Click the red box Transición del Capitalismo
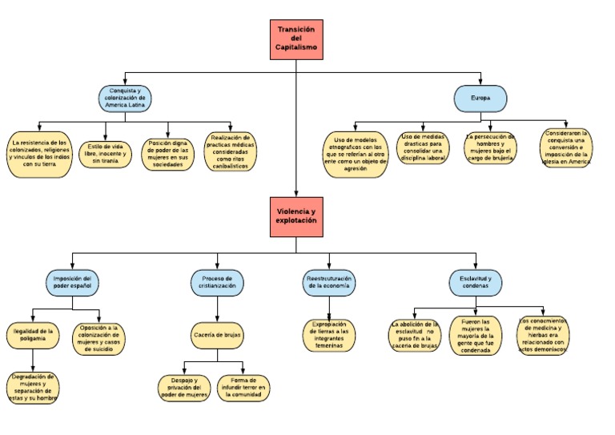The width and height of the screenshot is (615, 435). [296, 39]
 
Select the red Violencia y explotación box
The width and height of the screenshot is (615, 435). [296, 215]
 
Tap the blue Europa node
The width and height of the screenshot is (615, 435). [480, 99]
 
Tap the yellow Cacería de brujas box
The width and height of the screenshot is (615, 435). [216, 335]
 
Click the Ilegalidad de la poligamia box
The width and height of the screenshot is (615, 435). [34, 334]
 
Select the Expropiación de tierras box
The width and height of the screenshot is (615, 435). [330, 335]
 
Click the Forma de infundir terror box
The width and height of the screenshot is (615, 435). [243, 388]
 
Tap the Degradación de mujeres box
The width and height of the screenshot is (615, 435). [34, 386]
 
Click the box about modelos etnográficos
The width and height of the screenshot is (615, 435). [355, 152]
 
